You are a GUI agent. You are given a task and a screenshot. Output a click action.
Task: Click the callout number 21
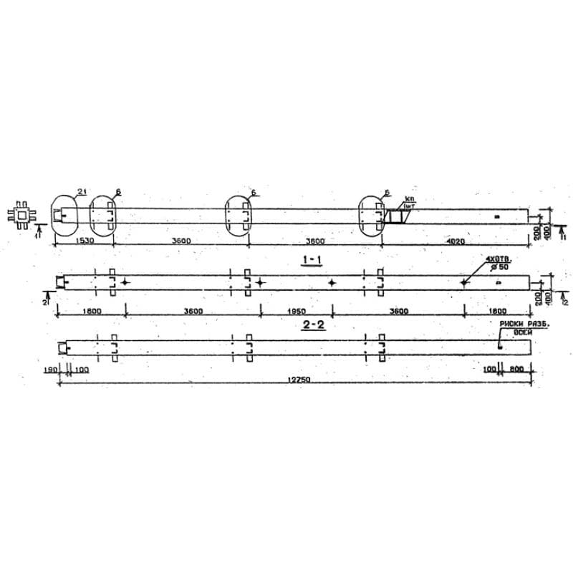(x=82, y=191)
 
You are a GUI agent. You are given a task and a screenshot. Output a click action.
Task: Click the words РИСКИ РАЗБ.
(x=514, y=324)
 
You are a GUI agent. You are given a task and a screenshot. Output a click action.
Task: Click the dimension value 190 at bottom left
(x=50, y=370)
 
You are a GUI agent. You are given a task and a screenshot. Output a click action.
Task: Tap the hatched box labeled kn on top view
(x=393, y=216)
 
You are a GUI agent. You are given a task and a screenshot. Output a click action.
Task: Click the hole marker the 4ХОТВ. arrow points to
(x=464, y=283)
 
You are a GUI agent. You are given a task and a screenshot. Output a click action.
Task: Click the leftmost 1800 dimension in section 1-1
(x=91, y=312)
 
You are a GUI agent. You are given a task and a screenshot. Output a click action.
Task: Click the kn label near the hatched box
(x=410, y=198)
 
